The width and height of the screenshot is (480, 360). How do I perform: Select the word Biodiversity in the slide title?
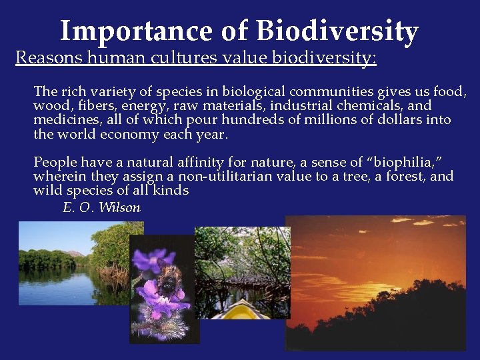[337, 31]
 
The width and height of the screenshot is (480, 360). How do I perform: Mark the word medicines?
[65, 120]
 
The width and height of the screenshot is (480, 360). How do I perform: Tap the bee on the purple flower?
[169, 283]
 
